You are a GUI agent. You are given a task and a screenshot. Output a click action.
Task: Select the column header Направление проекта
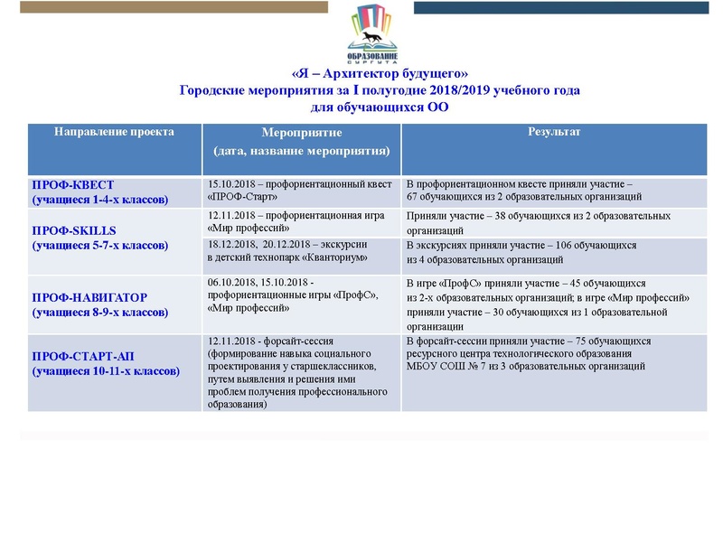pyautogui.click(x=114, y=132)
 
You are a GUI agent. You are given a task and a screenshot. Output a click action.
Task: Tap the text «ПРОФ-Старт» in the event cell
pyautogui.click(x=239, y=195)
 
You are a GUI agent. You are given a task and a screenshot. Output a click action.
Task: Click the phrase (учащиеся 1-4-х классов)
pyautogui.click(x=99, y=199)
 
